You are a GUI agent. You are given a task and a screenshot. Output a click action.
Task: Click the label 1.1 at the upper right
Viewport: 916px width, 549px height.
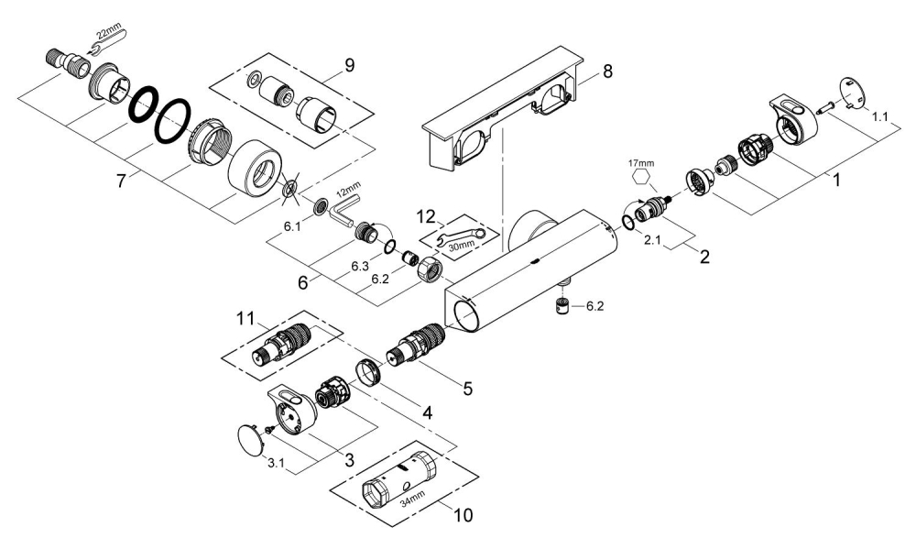pos(879,117)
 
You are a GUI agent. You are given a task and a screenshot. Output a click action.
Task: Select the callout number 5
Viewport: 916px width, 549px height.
pos(467,389)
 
